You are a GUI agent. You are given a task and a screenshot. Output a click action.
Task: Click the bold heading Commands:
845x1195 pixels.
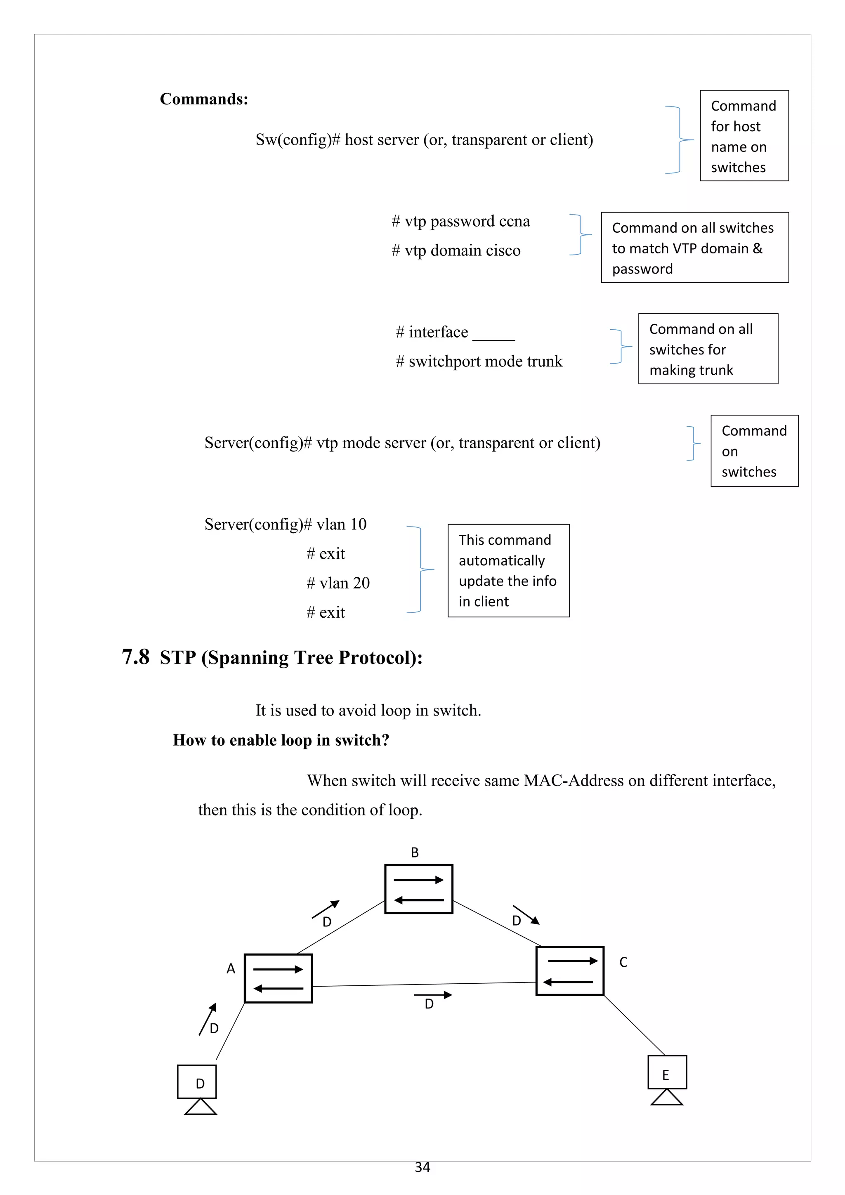204,99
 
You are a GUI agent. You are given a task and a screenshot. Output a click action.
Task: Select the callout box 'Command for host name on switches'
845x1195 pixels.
744,136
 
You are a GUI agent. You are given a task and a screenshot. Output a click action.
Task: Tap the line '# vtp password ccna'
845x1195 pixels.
460,221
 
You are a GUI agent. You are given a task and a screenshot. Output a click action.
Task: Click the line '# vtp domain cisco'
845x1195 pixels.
456,250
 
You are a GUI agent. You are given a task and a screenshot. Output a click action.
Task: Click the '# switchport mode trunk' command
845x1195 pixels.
479,361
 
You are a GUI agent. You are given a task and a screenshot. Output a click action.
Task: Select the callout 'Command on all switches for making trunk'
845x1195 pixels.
708,349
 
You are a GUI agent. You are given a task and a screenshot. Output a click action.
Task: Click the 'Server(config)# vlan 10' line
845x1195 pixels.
285,524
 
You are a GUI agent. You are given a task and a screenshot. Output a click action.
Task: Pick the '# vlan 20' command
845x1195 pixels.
338,583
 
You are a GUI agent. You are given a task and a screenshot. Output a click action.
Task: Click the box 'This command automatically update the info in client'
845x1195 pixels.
508,570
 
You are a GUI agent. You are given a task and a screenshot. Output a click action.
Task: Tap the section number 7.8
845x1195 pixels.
135,657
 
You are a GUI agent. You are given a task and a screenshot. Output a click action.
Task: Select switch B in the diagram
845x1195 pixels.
418,889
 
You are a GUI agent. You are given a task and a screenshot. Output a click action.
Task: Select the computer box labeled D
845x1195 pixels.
197,1082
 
